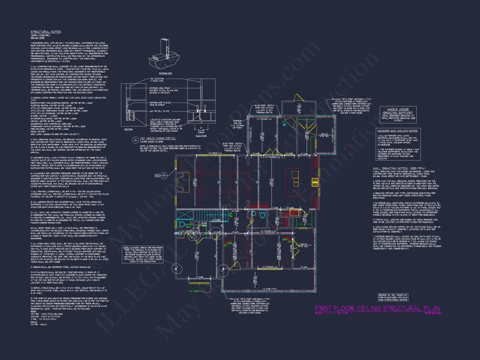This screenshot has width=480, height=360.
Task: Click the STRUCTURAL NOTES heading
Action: point(45,32)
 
